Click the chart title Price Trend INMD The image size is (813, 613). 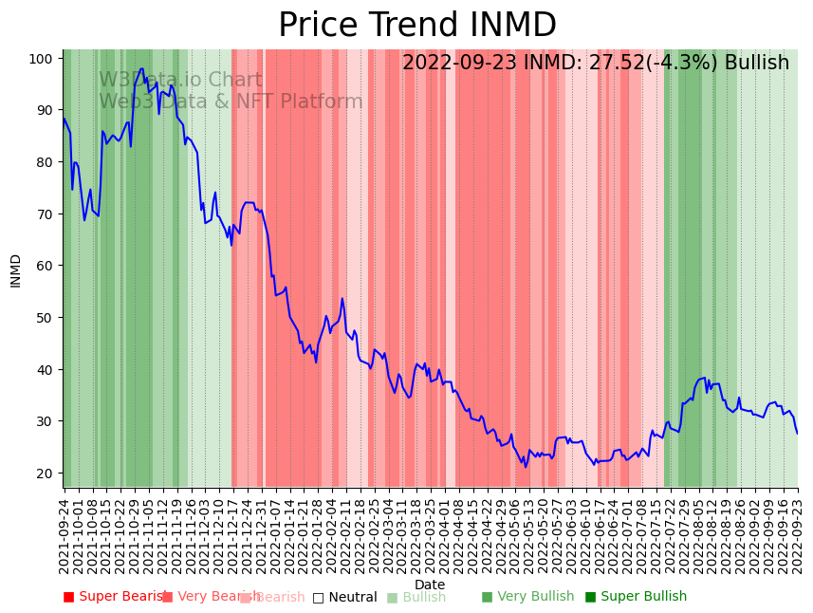[x=416, y=26]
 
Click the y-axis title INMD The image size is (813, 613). [x=15, y=270]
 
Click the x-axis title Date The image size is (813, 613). [x=429, y=585]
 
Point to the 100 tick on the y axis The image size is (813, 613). [x=39, y=59]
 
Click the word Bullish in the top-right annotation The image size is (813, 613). [x=756, y=63]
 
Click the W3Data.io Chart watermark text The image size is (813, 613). [x=180, y=80]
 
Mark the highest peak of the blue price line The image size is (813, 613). [x=141, y=68]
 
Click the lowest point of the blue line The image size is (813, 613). [x=526, y=466]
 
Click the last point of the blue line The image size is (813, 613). [x=797, y=434]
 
